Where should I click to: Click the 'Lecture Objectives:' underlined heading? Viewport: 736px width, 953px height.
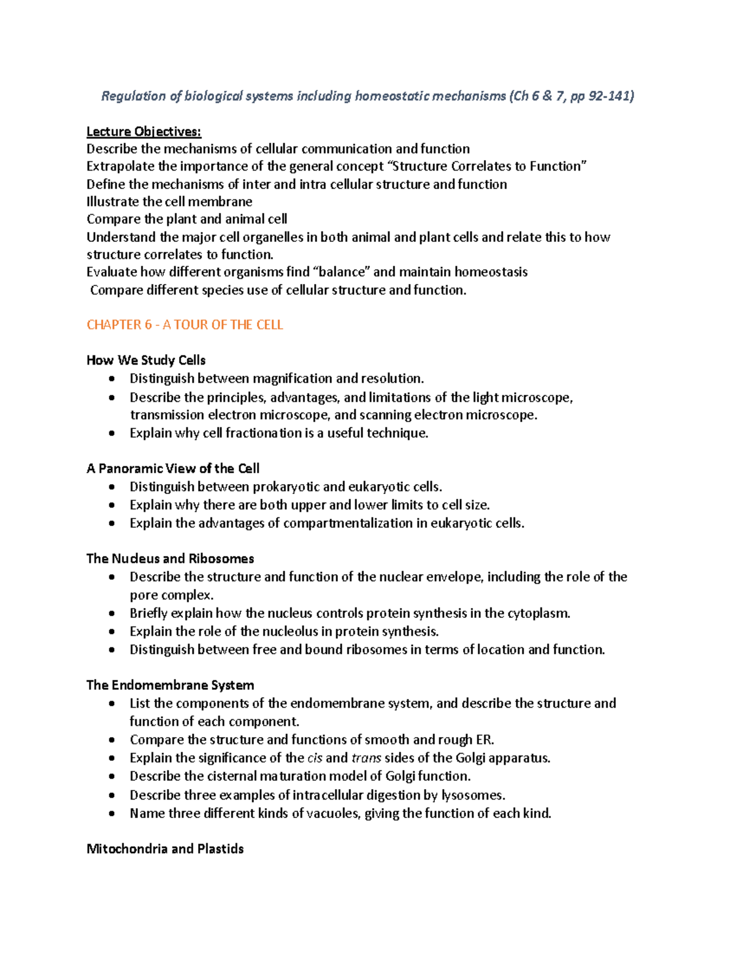[144, 131]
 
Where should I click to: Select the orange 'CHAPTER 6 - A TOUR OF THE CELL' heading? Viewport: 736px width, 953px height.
[185, 325]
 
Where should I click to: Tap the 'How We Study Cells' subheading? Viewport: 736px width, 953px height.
[146, 360]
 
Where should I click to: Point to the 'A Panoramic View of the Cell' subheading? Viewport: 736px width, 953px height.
[173, 469]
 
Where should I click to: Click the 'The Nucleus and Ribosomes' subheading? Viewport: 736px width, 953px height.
[170, 558]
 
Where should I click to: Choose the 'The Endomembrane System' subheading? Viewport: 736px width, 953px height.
[170, 685]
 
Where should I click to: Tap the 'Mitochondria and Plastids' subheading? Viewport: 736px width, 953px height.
[165, 849]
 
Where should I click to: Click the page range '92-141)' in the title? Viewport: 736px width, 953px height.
[611, 96]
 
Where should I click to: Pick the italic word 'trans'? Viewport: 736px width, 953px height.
[366, 758]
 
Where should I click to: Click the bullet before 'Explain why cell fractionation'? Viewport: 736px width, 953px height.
[111, 433]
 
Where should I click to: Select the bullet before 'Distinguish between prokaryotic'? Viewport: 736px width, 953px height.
[111, 487]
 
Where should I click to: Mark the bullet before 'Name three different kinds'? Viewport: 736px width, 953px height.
[111, 814]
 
